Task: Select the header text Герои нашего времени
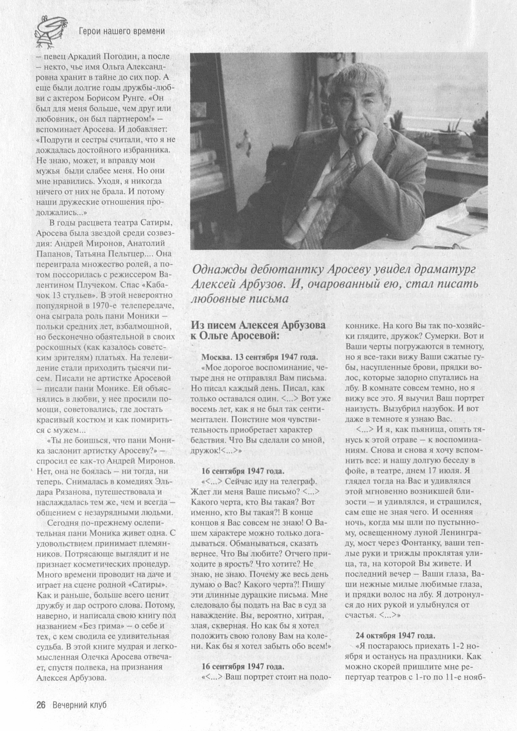click(122, 31)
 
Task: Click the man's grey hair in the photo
click(360, 80)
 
